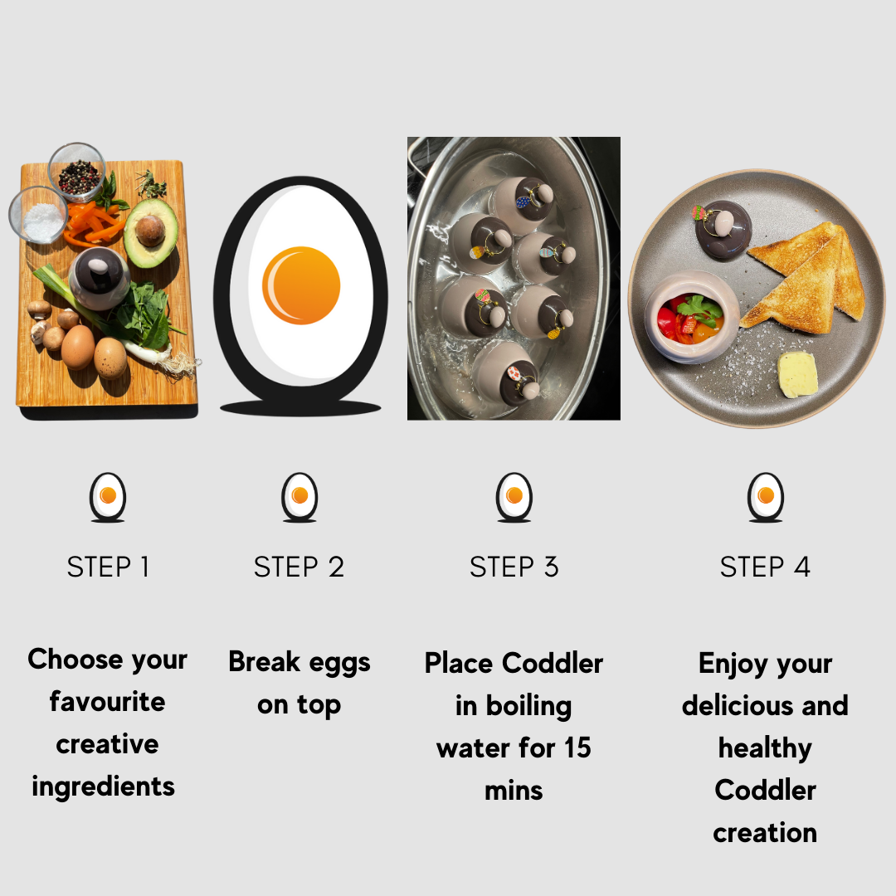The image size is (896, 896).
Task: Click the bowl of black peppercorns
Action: point(76,171)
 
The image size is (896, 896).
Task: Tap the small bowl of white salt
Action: point(38,216)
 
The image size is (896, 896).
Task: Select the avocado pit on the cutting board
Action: point(150,231)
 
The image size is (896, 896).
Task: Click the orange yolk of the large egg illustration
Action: point(301,285)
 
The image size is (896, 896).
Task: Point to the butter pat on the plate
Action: point(798,375)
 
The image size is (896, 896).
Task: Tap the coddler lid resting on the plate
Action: point(723,229)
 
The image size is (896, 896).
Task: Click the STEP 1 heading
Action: point(108,567)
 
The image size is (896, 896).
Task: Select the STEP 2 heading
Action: point(299,567)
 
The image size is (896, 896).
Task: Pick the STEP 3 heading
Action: point(514,567)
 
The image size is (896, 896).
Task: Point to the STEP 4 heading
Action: point(765,567)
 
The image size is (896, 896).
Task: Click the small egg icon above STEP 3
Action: point(514,497)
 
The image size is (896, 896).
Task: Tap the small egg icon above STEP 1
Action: point(108,497)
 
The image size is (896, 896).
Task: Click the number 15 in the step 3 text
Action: point(577,747)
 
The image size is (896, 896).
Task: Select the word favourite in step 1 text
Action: point(107,701)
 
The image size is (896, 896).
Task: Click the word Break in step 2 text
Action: point(265,662)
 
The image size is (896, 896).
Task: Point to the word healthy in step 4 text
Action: point(765,748)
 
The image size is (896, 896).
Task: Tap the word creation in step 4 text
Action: point(765,833)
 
